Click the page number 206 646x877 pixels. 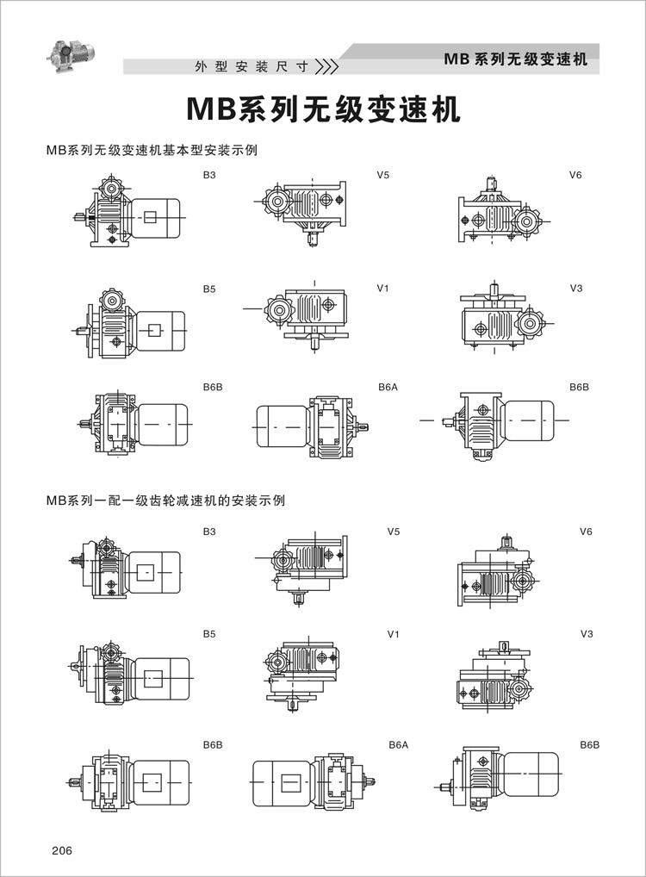click(x=62, y=850)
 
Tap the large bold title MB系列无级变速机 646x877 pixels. click(x=323, y=110)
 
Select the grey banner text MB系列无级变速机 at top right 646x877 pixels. click(x=515, y=59)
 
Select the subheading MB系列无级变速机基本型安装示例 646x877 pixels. click(x=153, y=150)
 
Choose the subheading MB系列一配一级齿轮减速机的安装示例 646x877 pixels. click(x=166, y=500)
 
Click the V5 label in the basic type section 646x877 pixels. click(x=383, y=176)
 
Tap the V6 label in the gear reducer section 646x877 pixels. click(x=586, y=532)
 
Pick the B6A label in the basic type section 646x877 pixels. click(x=388, y=388)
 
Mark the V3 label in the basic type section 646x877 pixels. click(x=576, y=288)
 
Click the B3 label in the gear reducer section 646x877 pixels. click(x=209, y=532)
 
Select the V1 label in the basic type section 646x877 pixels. click(x=383, y=288)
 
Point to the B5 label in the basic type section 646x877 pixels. click(x=209, y=288)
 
